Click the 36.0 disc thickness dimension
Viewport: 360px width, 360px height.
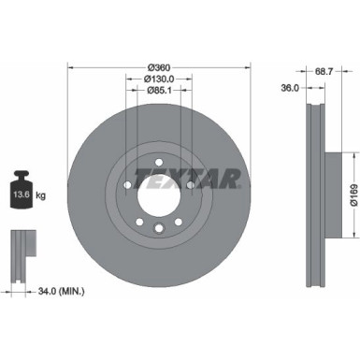pyautogui.click(x=289, y=90)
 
